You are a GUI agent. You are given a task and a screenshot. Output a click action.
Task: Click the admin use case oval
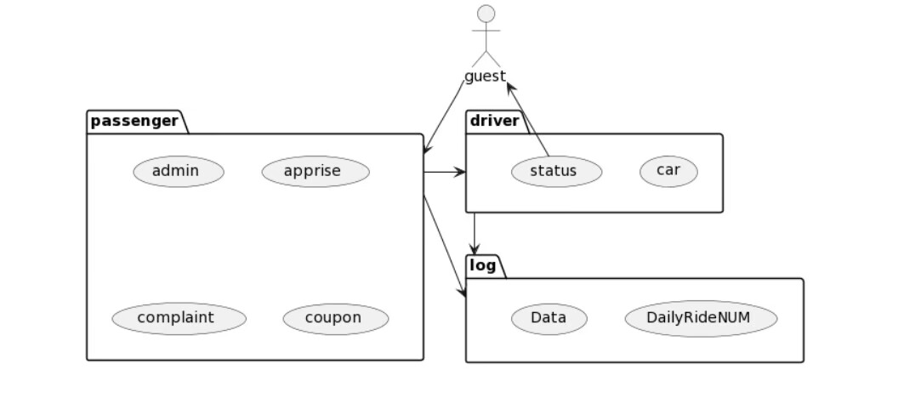[x=179, y=171]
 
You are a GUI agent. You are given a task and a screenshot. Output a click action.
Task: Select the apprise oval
[x=315, y=171]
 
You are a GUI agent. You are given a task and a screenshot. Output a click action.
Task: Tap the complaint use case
[x=179, y=318]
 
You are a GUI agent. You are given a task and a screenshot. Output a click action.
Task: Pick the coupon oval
[x=336, y=318]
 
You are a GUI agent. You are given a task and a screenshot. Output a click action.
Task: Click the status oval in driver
[x=556, y=171]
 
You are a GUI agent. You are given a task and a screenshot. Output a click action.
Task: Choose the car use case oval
[x=668, y=171]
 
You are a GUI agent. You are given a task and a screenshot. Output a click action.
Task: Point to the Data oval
[x=548, y=318]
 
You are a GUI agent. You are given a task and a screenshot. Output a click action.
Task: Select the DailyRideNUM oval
[x=701, y=318]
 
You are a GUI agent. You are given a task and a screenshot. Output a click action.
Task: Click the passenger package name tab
[x=135, y=121]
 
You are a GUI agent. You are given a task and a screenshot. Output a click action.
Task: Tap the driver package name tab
[x=494, y=121]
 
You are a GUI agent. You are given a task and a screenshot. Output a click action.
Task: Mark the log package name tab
[x=483, y=265]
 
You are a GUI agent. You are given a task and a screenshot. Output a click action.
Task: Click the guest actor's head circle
[x=486, y=14]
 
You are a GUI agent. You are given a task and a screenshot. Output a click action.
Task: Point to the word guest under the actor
[x=485, y=77]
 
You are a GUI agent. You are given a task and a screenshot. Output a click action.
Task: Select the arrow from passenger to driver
[x=444, y=172]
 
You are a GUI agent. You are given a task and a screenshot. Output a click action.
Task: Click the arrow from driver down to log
[x=475, y=232]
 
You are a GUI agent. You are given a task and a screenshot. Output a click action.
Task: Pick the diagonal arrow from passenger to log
[x=445, y=247]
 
